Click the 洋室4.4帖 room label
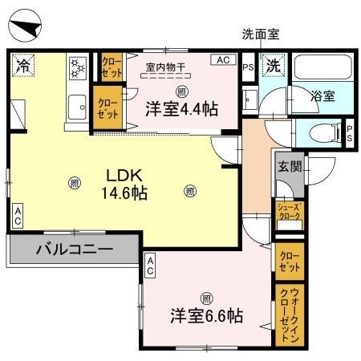(181, 108)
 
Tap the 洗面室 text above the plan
(262, 34)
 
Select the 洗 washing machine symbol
(274, 65)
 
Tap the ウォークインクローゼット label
(287, 315)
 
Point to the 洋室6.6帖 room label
(206, 315)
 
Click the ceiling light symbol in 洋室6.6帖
(206, 294)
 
